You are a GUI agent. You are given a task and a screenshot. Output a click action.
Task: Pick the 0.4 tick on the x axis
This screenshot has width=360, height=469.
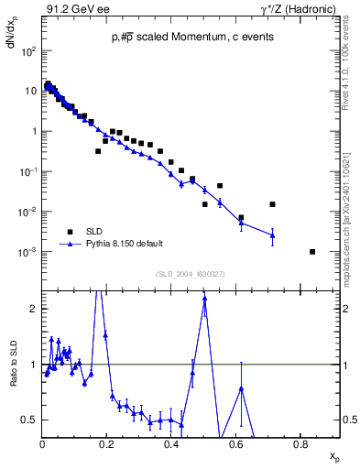171,444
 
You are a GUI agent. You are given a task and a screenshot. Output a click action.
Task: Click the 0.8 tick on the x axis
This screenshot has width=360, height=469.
300,444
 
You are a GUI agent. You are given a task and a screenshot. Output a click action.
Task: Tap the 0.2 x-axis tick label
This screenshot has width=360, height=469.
106,444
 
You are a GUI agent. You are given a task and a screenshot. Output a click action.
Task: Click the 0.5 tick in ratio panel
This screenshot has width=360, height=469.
33,420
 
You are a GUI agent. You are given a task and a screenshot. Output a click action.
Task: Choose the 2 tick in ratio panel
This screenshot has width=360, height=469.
36,309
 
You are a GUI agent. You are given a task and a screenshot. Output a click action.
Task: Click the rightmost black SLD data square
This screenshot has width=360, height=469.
312,251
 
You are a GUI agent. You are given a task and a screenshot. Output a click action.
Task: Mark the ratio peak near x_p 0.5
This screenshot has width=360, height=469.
204,298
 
